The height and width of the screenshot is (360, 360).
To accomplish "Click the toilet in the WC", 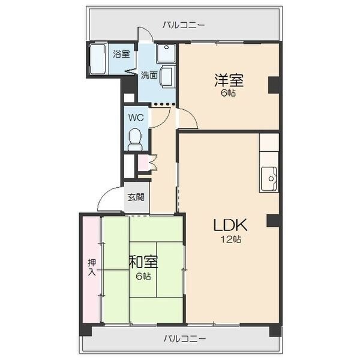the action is pyautogui.click(x=134, y=139).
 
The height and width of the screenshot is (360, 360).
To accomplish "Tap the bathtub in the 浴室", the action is pyautogui.click(x=98, y=59).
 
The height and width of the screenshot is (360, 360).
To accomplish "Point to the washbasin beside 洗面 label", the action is pyautogui.click(x=167, y=76).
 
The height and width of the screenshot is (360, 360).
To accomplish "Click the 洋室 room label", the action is pyautogui.click(x=229, y=80).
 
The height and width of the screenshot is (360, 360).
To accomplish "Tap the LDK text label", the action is pyautogui.click(x=230, y=225).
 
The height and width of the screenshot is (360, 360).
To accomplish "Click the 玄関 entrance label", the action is pyautogui.click(x=136, y=197).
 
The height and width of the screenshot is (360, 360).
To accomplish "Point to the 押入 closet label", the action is pyautogui.click(x=92, y=267).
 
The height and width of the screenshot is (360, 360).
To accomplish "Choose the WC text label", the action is pyautogui.click(x=136, y=118).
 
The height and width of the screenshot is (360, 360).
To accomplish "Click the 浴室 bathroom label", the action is pyautogui.click(x=121, y=54).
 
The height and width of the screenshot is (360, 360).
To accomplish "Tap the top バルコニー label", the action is pyautogui.click(x=184, y=25).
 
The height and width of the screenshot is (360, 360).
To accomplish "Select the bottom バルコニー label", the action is pyautogui.click(x=185, y=338).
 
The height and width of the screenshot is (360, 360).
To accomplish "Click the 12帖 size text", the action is pyautogui.click(x=231, y=239).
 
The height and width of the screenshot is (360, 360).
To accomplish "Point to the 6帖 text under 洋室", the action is pyautogui.click(x=228, y=93).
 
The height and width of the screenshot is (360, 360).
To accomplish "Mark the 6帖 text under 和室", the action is pyautogui.click(x=143, y=276).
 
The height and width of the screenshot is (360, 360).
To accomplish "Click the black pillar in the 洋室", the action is pyautogui.click(x=274, y=85).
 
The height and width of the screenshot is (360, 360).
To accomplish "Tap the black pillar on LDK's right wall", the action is pyautogui.click(x=273, y=221).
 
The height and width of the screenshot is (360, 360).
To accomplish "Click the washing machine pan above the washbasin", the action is pyautogui.click(x=166, y=53).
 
